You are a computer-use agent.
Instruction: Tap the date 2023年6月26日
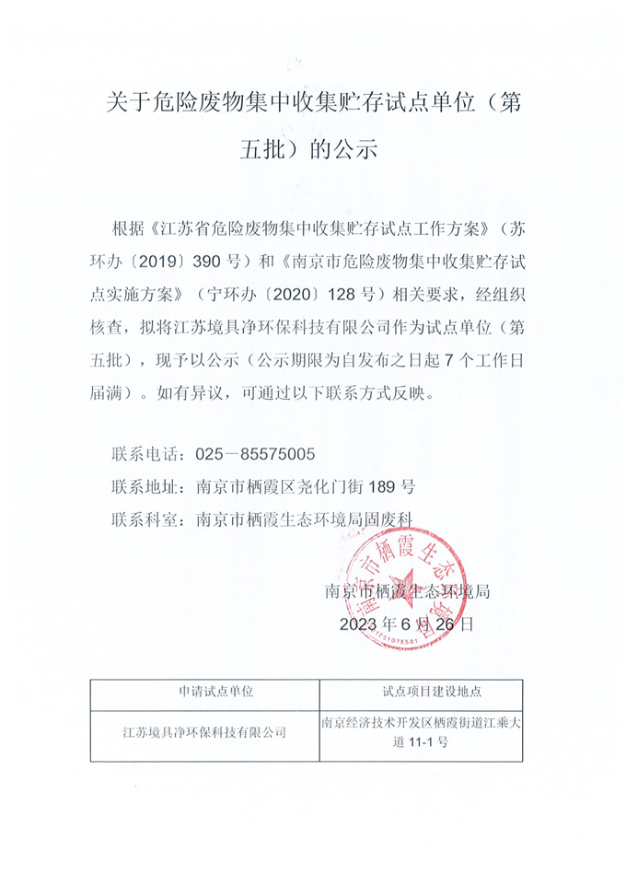pyautogui.click(x=406, y=624)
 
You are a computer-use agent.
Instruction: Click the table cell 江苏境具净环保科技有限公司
pyautogui.click(x=204, y=733)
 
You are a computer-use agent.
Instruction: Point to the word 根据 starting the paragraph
pyautogui.click(x=125, y=227)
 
